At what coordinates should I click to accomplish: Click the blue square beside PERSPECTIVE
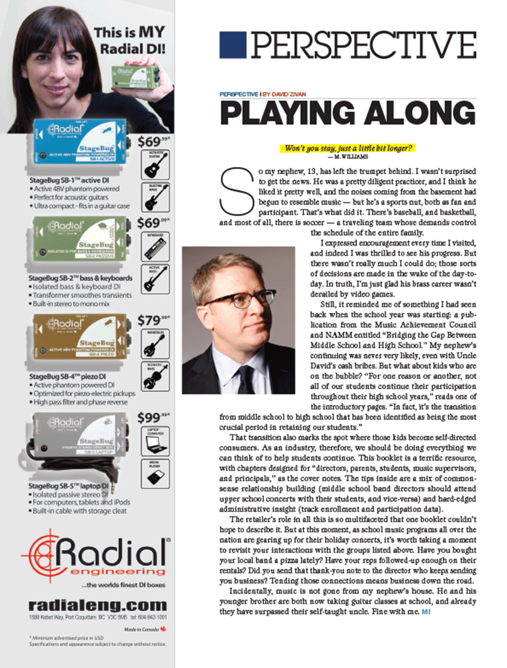233,45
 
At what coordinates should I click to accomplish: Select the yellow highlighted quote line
347,148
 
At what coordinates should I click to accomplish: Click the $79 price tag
153,320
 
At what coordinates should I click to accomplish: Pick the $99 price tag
153,417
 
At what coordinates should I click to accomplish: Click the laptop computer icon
155,442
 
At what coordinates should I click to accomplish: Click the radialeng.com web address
97,605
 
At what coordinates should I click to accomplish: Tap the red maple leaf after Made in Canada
163,629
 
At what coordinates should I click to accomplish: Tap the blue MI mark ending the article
426,612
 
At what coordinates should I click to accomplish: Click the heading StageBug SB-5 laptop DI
68,486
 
